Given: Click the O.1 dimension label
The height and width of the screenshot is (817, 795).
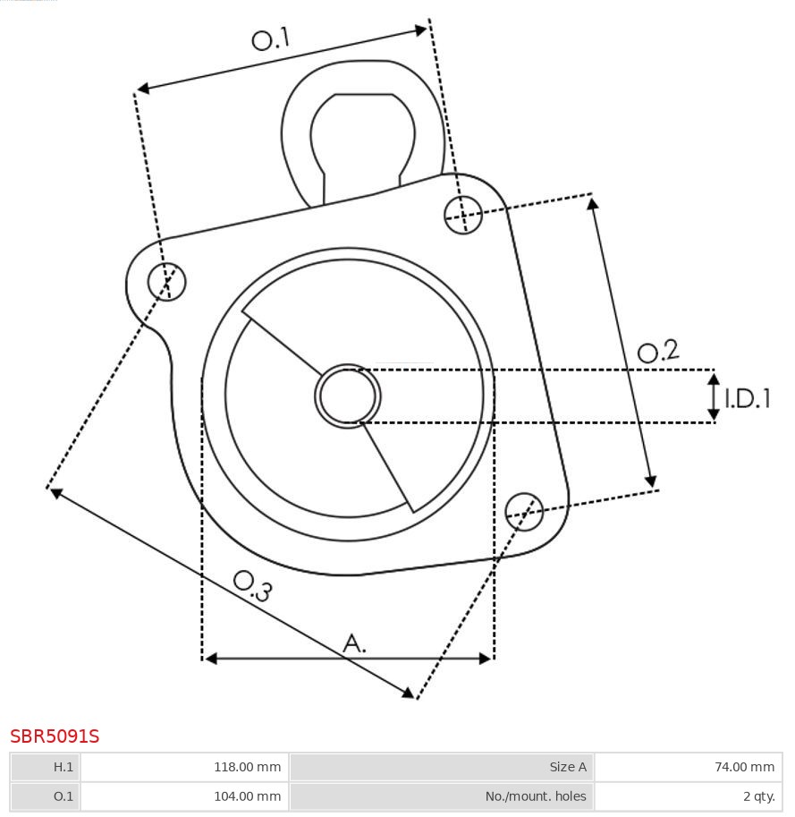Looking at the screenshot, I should (x=271, y=38).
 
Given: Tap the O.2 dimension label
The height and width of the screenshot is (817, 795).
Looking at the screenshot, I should (x=658, y=352).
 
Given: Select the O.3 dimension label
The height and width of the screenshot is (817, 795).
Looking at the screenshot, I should (x=252, y=585).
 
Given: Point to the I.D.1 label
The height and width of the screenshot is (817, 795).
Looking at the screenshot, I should (x=748, y=398).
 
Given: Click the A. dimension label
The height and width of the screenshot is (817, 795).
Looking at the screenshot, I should (x=354, y=643).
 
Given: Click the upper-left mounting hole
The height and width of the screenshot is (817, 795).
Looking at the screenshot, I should (x=167, y=282).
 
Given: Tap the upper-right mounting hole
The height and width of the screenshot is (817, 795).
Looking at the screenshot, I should (x=463, y=215).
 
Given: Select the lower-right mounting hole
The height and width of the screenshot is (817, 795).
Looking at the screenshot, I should (x=524, y=510).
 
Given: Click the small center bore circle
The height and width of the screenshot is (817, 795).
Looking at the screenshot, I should (x=348, y=396).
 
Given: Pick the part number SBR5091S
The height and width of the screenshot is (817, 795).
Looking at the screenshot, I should (x=55, y=736).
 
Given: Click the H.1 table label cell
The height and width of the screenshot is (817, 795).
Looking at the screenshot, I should (x=46, y=767).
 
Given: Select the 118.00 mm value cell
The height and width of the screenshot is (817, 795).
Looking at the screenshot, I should (x=184, y=767).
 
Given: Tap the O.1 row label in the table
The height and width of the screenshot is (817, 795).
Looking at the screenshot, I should (x=46, y=796).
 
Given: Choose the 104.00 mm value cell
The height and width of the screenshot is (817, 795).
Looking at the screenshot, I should (x=184, y=796).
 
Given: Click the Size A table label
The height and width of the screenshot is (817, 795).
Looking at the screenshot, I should (x=442, y=767).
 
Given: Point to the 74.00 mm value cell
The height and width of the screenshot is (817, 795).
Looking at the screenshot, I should (x=688, y=767).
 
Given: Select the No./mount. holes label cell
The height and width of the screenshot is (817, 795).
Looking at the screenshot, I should (x=442, y=796).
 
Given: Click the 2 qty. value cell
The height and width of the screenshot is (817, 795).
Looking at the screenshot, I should (x=688, y=796).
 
